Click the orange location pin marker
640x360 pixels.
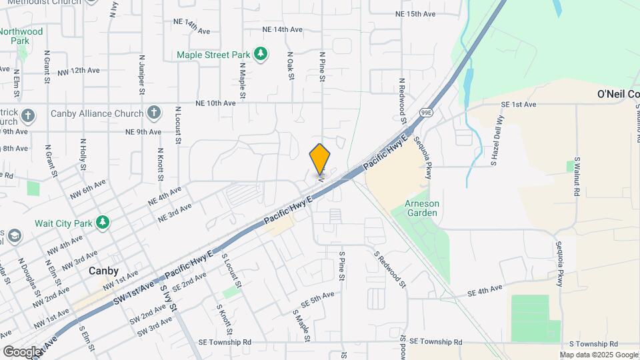pos(320,159)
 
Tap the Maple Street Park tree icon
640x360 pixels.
pos(263,53)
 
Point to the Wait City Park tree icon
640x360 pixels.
pos(103,222)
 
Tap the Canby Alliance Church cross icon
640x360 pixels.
pos(155,113)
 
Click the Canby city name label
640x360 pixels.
pos(103,271)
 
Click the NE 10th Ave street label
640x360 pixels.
pos(215,103)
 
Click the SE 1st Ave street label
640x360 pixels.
pos(519,105)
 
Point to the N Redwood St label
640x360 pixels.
pos(402,101)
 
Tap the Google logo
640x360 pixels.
pos(21,351)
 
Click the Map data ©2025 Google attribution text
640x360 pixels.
pos(598,355)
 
